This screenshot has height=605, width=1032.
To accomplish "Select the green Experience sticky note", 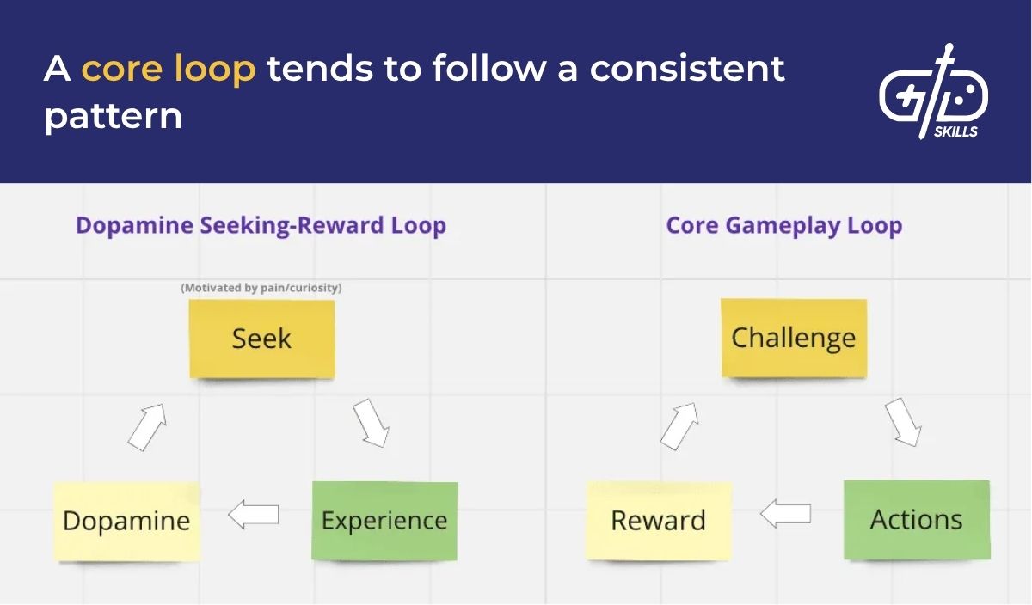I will pos(384,521).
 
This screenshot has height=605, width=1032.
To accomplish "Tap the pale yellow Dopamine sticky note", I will pos(126,521).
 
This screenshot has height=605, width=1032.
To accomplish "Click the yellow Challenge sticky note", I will pos(794,338).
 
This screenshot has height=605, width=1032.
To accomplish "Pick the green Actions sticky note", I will pos(917,520).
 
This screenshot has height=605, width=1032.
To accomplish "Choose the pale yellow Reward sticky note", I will pos(659,521).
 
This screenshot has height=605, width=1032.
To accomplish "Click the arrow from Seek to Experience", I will pos(371,422).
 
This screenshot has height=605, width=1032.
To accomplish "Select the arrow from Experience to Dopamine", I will pos(254,515).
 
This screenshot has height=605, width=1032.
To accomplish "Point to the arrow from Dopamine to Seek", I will pos(146,427).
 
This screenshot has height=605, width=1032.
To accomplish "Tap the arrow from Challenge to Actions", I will pos(903,421).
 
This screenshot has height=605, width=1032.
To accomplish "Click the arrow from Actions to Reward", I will pos(786,514).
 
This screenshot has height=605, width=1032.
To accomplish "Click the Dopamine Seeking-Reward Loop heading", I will pos(261,226).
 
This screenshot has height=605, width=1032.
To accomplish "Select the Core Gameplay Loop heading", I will pos(783,226).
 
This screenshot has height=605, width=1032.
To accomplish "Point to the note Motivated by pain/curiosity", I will pos(261,288).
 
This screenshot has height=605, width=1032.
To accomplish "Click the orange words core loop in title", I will pos(169,69).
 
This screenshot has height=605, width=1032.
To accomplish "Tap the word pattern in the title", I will pos(113,115).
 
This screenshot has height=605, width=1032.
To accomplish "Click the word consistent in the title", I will pos(687,69).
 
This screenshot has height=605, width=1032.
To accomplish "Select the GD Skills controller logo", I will pos(933,90).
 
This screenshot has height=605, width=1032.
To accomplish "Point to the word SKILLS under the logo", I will pos(955,131).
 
